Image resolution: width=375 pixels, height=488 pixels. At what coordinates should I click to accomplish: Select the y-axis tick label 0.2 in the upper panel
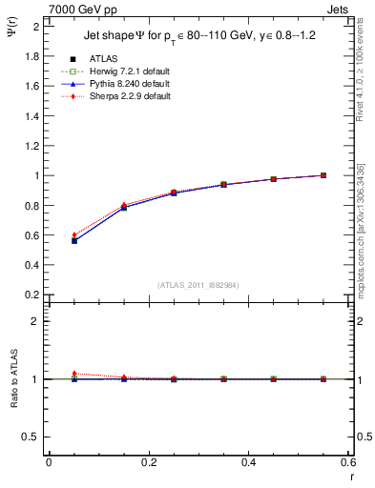[x=31, y=295]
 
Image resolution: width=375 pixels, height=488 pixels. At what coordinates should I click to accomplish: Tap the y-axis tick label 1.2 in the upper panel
[x=31, y=146]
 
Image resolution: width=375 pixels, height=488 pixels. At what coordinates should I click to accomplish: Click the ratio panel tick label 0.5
[x=31, y=437]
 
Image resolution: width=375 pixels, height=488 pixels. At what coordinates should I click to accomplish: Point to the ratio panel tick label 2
[x=35, y=322]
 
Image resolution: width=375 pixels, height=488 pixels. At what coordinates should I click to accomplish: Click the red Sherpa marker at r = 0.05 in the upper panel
[x=74, y=234]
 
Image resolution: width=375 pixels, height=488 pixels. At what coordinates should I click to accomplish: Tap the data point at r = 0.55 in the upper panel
[x=323, y=175]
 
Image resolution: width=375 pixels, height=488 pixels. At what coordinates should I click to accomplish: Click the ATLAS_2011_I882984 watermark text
[x=199, y=285]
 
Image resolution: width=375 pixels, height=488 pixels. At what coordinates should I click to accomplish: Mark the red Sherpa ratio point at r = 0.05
[x=74, y=374]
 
